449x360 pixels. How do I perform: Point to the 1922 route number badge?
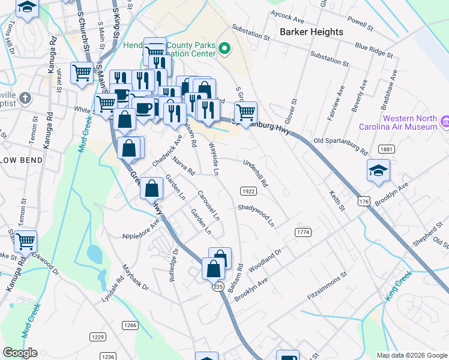pyautogui.click(x=249, y=191)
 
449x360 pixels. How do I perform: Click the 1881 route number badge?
pyautogui.click(x=386, y=149)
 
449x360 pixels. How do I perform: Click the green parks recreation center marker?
pyautogui.click(x=225, y=48)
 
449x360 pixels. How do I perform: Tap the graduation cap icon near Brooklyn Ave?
pyautogui.click(x=378, y=170)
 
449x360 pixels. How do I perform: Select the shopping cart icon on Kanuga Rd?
pyautogui.click(x=25, y=241)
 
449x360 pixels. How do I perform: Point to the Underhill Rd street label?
pyautogui.click(x=255, y=172)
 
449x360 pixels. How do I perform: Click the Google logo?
pyautogui.click(x=20, y=353)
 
